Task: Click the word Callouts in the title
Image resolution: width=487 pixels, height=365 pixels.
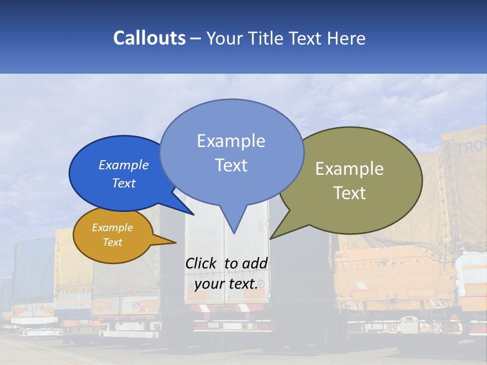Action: [149, 38]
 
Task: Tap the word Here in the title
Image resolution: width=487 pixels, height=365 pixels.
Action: [347, 38]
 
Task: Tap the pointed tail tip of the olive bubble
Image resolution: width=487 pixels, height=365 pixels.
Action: [271, 238]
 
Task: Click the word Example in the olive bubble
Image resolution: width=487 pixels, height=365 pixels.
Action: [350, 169]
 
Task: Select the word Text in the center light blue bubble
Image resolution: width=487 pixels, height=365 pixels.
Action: [231, 165]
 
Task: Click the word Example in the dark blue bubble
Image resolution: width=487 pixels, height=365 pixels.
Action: [124, 165]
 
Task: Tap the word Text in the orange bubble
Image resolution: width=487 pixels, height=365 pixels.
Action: [113, 242]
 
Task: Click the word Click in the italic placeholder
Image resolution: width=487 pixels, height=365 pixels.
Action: [201, 263]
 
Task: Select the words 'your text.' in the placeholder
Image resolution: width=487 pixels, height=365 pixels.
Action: [226, 284]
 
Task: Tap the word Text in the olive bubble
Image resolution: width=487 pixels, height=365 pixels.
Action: [350, 193]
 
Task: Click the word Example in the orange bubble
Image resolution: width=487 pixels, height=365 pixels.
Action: [113, 228]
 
